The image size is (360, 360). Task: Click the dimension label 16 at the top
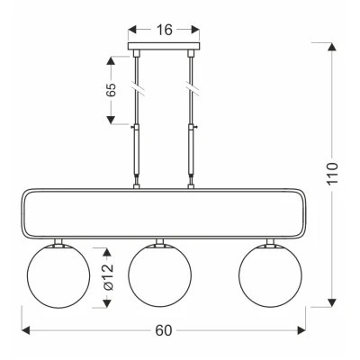click(165, 30)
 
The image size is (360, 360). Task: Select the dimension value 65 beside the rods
click(111, 90)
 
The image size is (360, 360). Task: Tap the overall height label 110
click(332, 174)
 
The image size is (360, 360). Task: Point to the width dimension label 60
click(164, 330)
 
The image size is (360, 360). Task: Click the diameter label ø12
click(108, 276)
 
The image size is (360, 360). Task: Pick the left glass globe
click(58, 275)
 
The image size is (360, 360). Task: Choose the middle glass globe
click(159, 275)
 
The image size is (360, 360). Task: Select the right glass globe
click(270, 275)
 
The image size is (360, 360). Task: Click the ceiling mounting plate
click(164, 46)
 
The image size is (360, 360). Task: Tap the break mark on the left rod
click(138, 88)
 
